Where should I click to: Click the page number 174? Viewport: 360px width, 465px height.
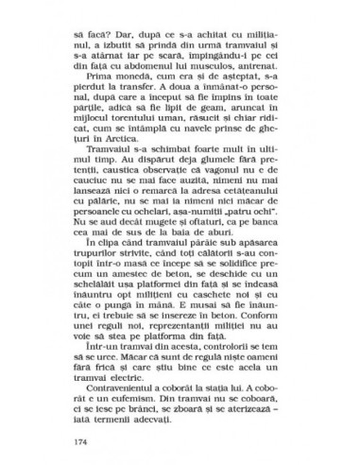click(x=91, y=441)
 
